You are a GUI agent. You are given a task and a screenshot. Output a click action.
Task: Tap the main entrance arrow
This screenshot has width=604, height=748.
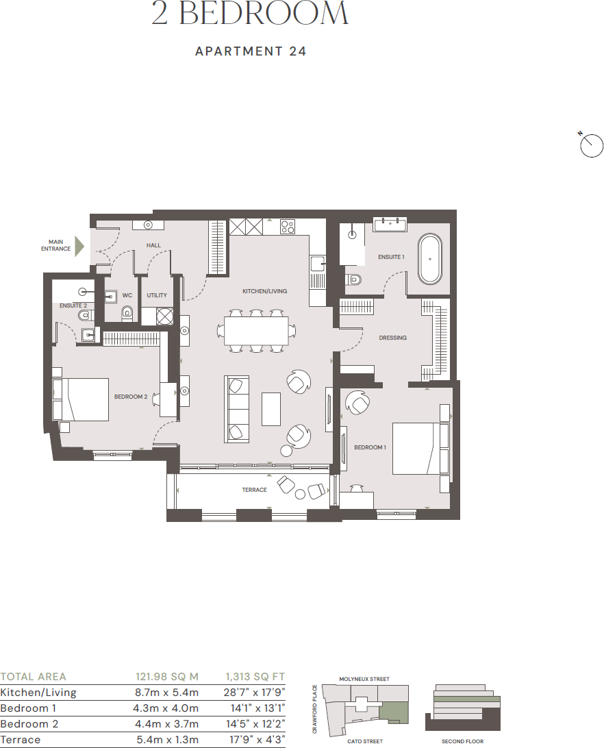click(x=79, y=246)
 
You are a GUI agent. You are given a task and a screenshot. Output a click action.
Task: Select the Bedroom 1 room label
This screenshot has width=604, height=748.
click(x=370, y=447)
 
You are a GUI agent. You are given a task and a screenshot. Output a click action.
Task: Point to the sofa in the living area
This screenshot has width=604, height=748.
click(x=236, y=409)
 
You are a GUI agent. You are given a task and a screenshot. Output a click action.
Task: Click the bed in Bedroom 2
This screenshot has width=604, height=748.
click(x=85, y=399)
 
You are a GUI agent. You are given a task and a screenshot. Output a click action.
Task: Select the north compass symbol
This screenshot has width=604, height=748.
click(x=591, y=146)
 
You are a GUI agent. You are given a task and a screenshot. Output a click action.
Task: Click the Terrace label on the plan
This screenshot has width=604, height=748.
click(x=254, y=490)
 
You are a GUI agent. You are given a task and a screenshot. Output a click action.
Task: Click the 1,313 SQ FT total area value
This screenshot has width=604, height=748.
click(x=255, y=677)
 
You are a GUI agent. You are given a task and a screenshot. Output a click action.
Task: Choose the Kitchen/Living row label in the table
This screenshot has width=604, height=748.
click(x=38, y=693)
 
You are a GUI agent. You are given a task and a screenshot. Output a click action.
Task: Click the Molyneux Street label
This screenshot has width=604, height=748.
click(x=364, y=679)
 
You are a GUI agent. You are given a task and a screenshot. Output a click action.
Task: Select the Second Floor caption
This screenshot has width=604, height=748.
click(x=463, y=741)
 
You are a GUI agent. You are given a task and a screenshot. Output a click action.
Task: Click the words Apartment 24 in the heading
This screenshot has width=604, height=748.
click(x=251, y=51)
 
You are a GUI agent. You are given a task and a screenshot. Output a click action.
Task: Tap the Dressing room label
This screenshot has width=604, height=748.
click(x=392, y=338)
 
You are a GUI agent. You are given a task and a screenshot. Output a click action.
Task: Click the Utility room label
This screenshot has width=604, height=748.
click(x=157, y=295)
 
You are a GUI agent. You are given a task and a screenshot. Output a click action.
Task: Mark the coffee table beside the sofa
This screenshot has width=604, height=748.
click(x=271, y=409)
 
